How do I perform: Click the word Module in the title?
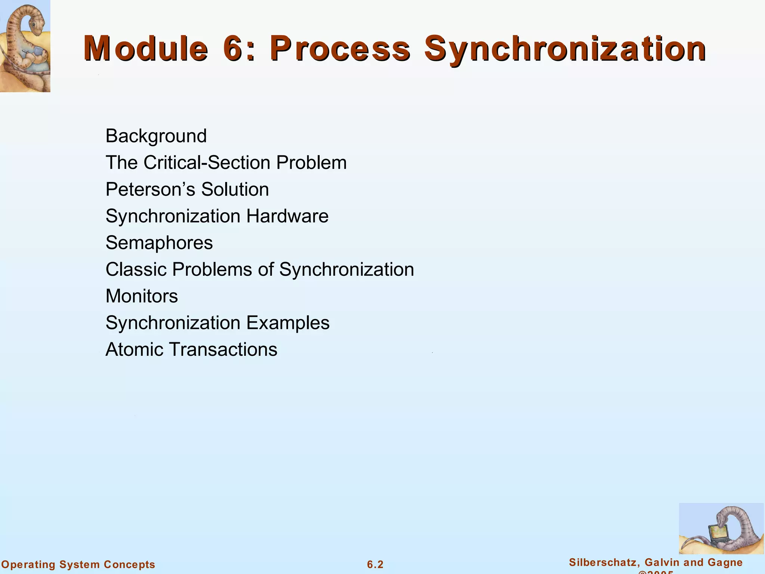coord(146,49)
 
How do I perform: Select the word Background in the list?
coord(156,136)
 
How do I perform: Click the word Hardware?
coord(287,216)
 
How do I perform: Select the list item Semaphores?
coord(159,243)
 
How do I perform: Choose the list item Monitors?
coord(142,296)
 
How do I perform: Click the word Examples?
coord(288,323)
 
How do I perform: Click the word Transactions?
coord(223,350)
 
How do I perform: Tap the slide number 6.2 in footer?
coord(375,565)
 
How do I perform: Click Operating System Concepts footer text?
coord(78,565)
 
